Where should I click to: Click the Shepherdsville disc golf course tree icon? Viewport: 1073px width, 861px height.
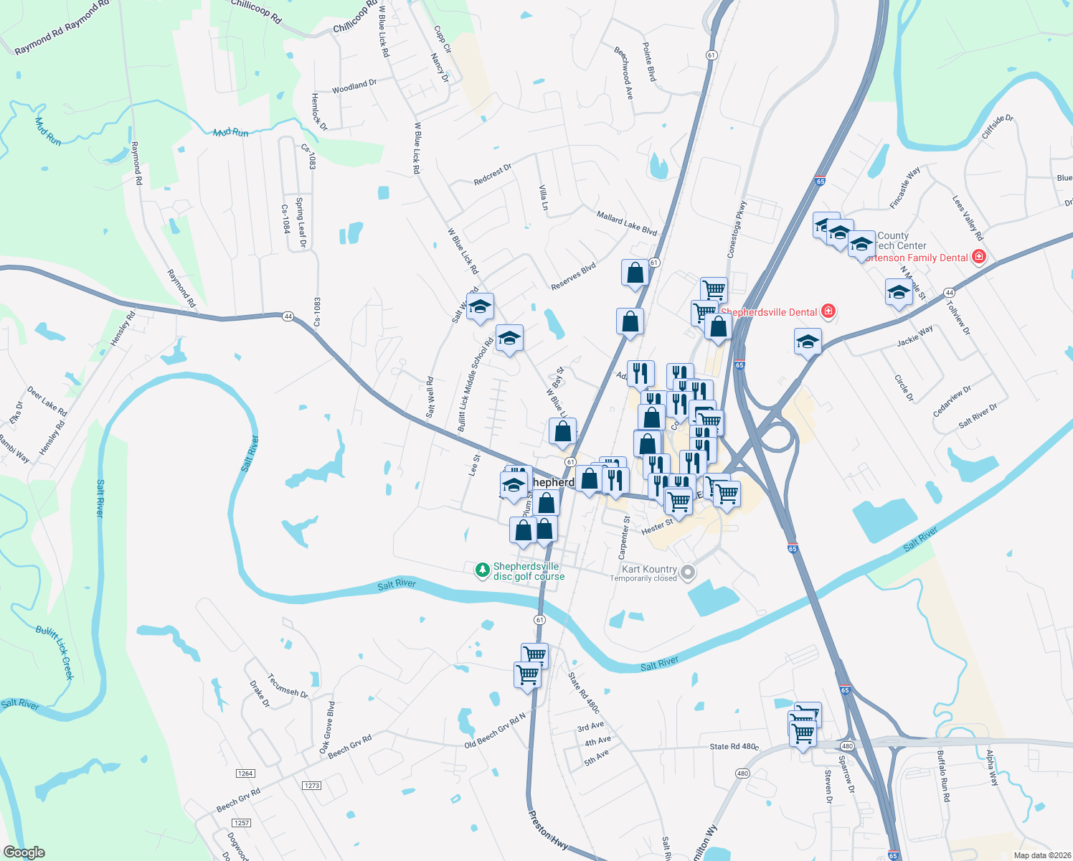click(x=483, y=570)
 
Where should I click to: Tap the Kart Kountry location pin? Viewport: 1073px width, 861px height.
click(x=688, y=572)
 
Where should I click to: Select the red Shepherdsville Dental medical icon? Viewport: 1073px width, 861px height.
click(x=828, y=311)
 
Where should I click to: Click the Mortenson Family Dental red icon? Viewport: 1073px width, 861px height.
click(x=978, y=257)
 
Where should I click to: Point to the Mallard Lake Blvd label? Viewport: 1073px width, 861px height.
click(x=627, y=223)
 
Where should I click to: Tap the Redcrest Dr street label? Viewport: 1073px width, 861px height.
click(x=493, y=174)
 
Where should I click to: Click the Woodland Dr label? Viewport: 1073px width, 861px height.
click(x=354, y=87)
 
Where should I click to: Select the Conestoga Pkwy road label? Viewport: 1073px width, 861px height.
click(x=737, y=229)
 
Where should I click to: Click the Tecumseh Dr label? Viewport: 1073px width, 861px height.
click(x=288, y=686)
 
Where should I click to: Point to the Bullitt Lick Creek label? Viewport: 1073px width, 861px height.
click(x=55, y=651)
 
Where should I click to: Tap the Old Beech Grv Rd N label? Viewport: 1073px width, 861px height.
click(x=495, y=731)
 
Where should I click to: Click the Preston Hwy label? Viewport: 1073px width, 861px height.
click(x=548, y=831)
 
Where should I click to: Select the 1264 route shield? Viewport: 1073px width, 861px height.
click(x=245, y=773)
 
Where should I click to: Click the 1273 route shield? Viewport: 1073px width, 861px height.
click(x=312, y=785)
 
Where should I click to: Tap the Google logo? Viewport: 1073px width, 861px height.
click(x=24, y=852)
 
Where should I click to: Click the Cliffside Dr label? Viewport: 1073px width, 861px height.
click(x=997, y=127)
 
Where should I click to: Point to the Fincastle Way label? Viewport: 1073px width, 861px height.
click(x=904, y=188)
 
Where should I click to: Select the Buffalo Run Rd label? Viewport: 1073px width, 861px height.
click(x=943, y=776)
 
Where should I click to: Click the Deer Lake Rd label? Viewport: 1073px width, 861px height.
click(x=47, y=401)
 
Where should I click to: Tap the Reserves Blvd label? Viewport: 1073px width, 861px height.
click(x=573, y=277)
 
